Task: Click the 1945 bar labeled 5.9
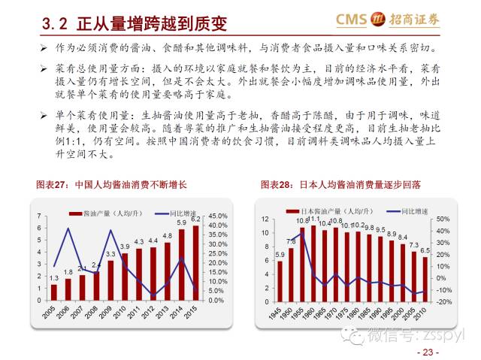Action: (280, 283)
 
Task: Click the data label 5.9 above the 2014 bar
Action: (181, 223)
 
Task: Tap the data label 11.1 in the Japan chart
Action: (313, 219)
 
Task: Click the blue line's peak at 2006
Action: (68, 228)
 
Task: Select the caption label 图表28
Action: (276, 184)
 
